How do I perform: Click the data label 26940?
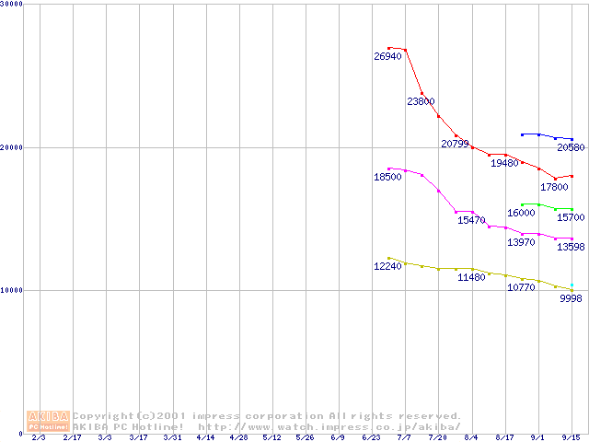(387, 57)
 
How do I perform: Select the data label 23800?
(421, 101)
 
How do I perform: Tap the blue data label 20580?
(571, 147)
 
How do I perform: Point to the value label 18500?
(387, 177)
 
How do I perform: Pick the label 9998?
(571, 298)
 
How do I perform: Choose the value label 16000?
(521, 213)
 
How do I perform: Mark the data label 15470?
(471, 220)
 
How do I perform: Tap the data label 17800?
(554, 187)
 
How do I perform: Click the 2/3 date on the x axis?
(38, 437)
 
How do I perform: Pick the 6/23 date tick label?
(372, 437)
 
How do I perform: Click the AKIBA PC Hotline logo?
(48, 421)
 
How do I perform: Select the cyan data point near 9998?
(572, 285)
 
